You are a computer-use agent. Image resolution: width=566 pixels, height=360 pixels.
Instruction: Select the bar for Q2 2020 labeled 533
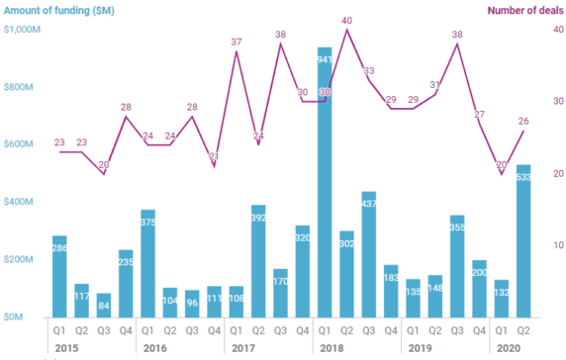(523, 241)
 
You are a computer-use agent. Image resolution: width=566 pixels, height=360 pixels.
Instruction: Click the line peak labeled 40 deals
(346, 30)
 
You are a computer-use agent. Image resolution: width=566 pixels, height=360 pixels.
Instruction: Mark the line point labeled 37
(236, 51)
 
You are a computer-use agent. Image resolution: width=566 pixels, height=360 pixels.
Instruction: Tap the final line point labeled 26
(523, 132)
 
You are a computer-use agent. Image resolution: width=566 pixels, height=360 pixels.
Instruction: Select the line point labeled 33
(369, 80)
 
